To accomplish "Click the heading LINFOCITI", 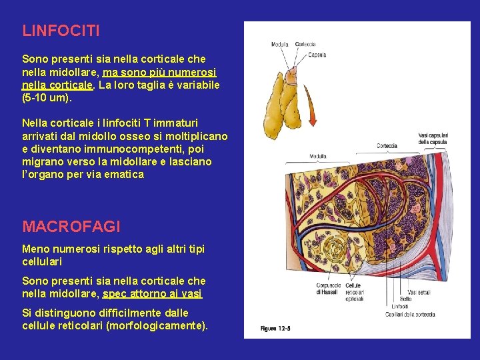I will click(61, 31).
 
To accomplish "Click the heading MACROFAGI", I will click(72, 227).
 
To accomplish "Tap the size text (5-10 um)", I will click(47, 98).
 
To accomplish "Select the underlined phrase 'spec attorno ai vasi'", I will click(153, 293).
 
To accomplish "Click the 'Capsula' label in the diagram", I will click(317, 54).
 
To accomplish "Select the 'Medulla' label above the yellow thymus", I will click(280, 45).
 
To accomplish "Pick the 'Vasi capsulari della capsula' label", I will click(432, 138).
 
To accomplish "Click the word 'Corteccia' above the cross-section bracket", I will click(387, 145).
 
